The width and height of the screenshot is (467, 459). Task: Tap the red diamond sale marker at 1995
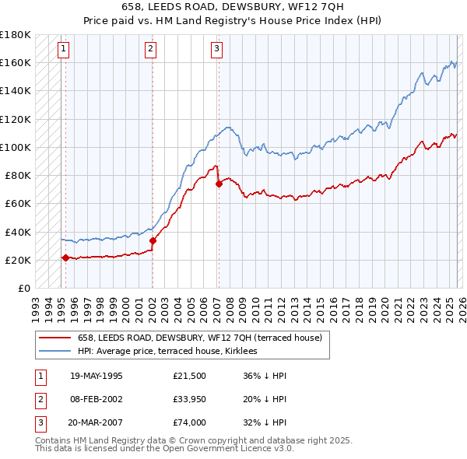pyautogui.click(x=65, y=258)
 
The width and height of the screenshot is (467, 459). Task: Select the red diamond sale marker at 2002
pyautogui.click(x=153, y=240)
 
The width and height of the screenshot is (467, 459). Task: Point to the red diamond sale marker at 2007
pyautogui.click(x=219, y=184)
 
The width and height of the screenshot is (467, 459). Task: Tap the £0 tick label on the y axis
pyautogui.click(x=23, y=288)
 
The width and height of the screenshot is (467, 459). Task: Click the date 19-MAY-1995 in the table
pyautogui.click(x=96, y=376)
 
